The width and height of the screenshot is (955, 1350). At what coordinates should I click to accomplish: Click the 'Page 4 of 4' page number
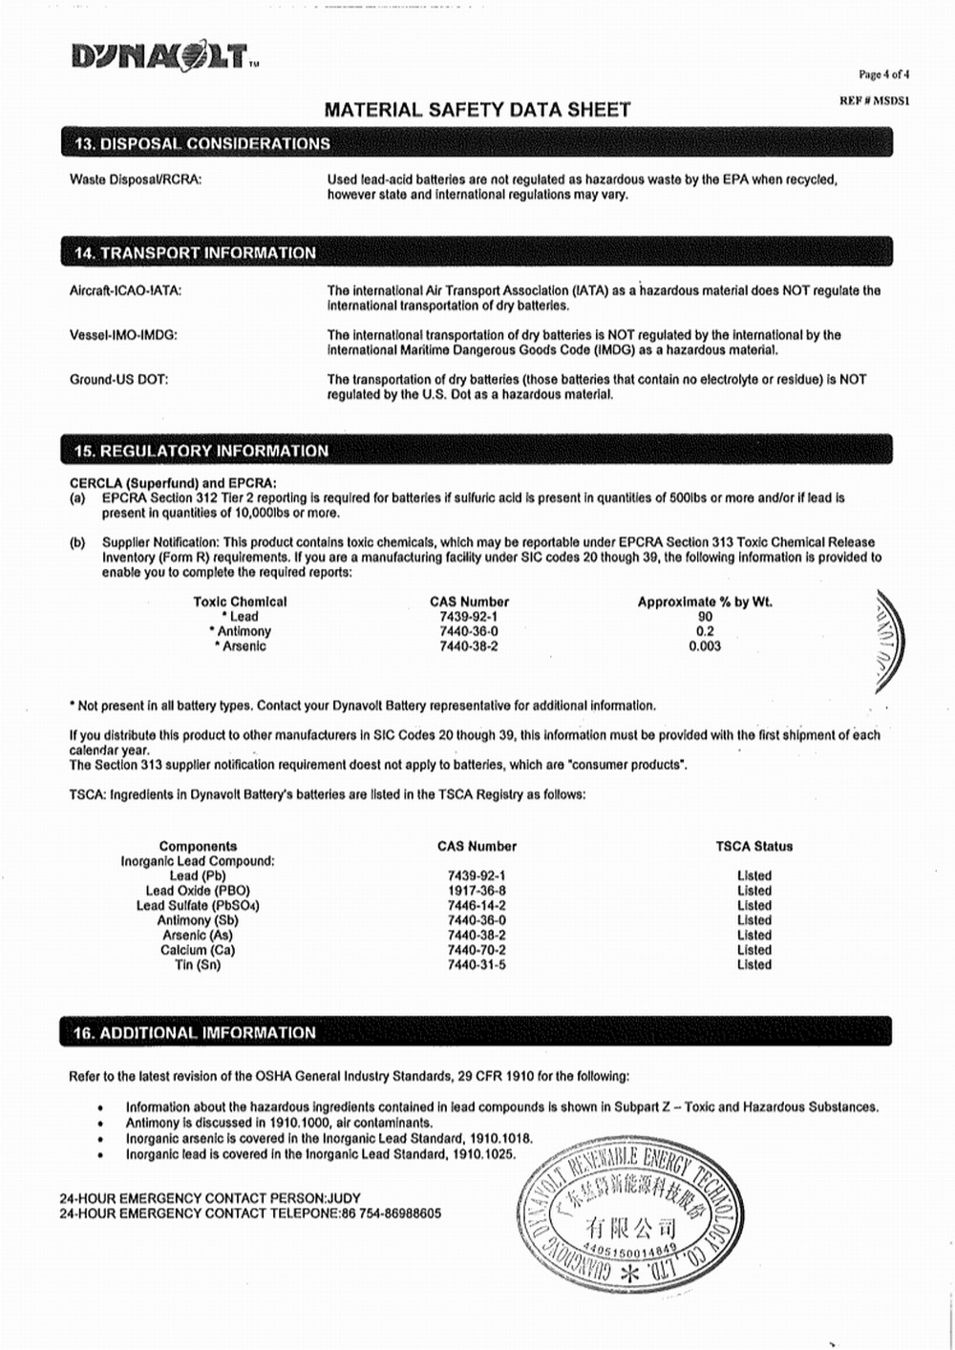click(x=883, y=74)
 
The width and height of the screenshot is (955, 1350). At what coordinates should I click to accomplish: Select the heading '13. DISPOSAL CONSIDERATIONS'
click(x=202, y=144)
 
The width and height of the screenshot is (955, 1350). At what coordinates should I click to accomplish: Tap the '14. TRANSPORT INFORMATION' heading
click(x=195, y=253)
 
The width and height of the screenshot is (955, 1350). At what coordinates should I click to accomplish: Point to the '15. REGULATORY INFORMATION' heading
click(x=201, y=451)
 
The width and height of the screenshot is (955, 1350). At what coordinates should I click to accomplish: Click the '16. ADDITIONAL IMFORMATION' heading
click(x=194, y=1033)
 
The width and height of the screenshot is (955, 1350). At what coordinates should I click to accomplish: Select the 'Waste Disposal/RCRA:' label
click(x=136, y=179)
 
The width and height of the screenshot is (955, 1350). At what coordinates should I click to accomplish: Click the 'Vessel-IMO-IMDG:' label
click(x=123, y=335)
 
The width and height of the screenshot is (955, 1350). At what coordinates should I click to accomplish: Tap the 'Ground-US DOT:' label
click(x=118, y=380)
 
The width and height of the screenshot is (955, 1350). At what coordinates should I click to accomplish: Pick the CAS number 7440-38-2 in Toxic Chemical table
click(x=468, y=646)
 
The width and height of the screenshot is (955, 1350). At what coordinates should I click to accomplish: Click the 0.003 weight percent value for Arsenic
click(x=705, y=646)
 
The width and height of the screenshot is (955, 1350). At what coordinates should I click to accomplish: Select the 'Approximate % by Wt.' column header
click(x=705, y=601)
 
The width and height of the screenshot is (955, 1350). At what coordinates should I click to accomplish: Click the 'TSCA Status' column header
click(x=753, y=846)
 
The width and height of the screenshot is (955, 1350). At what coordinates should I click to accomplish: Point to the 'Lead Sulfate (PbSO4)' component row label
click(x=198, y=905)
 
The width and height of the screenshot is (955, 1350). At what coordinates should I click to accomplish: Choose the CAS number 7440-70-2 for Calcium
click(x=477, y=950)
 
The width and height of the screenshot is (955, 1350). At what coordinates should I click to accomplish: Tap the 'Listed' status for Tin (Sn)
click(x=753, y=965)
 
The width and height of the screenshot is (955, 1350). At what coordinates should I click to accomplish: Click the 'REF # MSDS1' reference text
click(x=874, y=100)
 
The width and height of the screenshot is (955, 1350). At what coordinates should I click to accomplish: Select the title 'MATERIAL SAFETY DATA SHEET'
click(x=477, y=110)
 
